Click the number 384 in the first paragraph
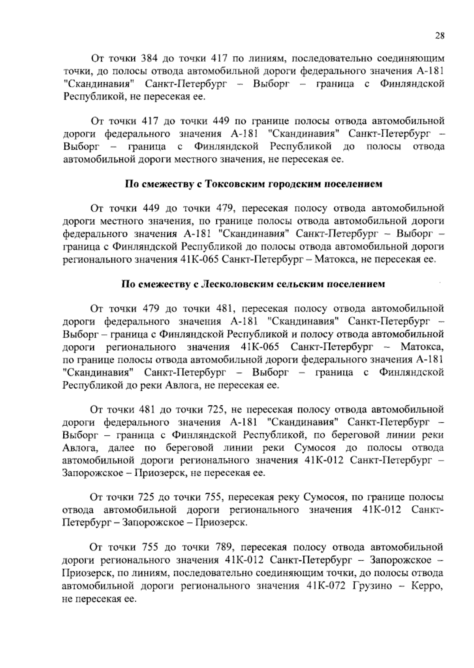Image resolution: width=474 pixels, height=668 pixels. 149,59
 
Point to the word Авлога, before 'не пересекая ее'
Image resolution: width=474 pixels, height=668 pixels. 185,385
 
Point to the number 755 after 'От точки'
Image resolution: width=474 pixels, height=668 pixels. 149,548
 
